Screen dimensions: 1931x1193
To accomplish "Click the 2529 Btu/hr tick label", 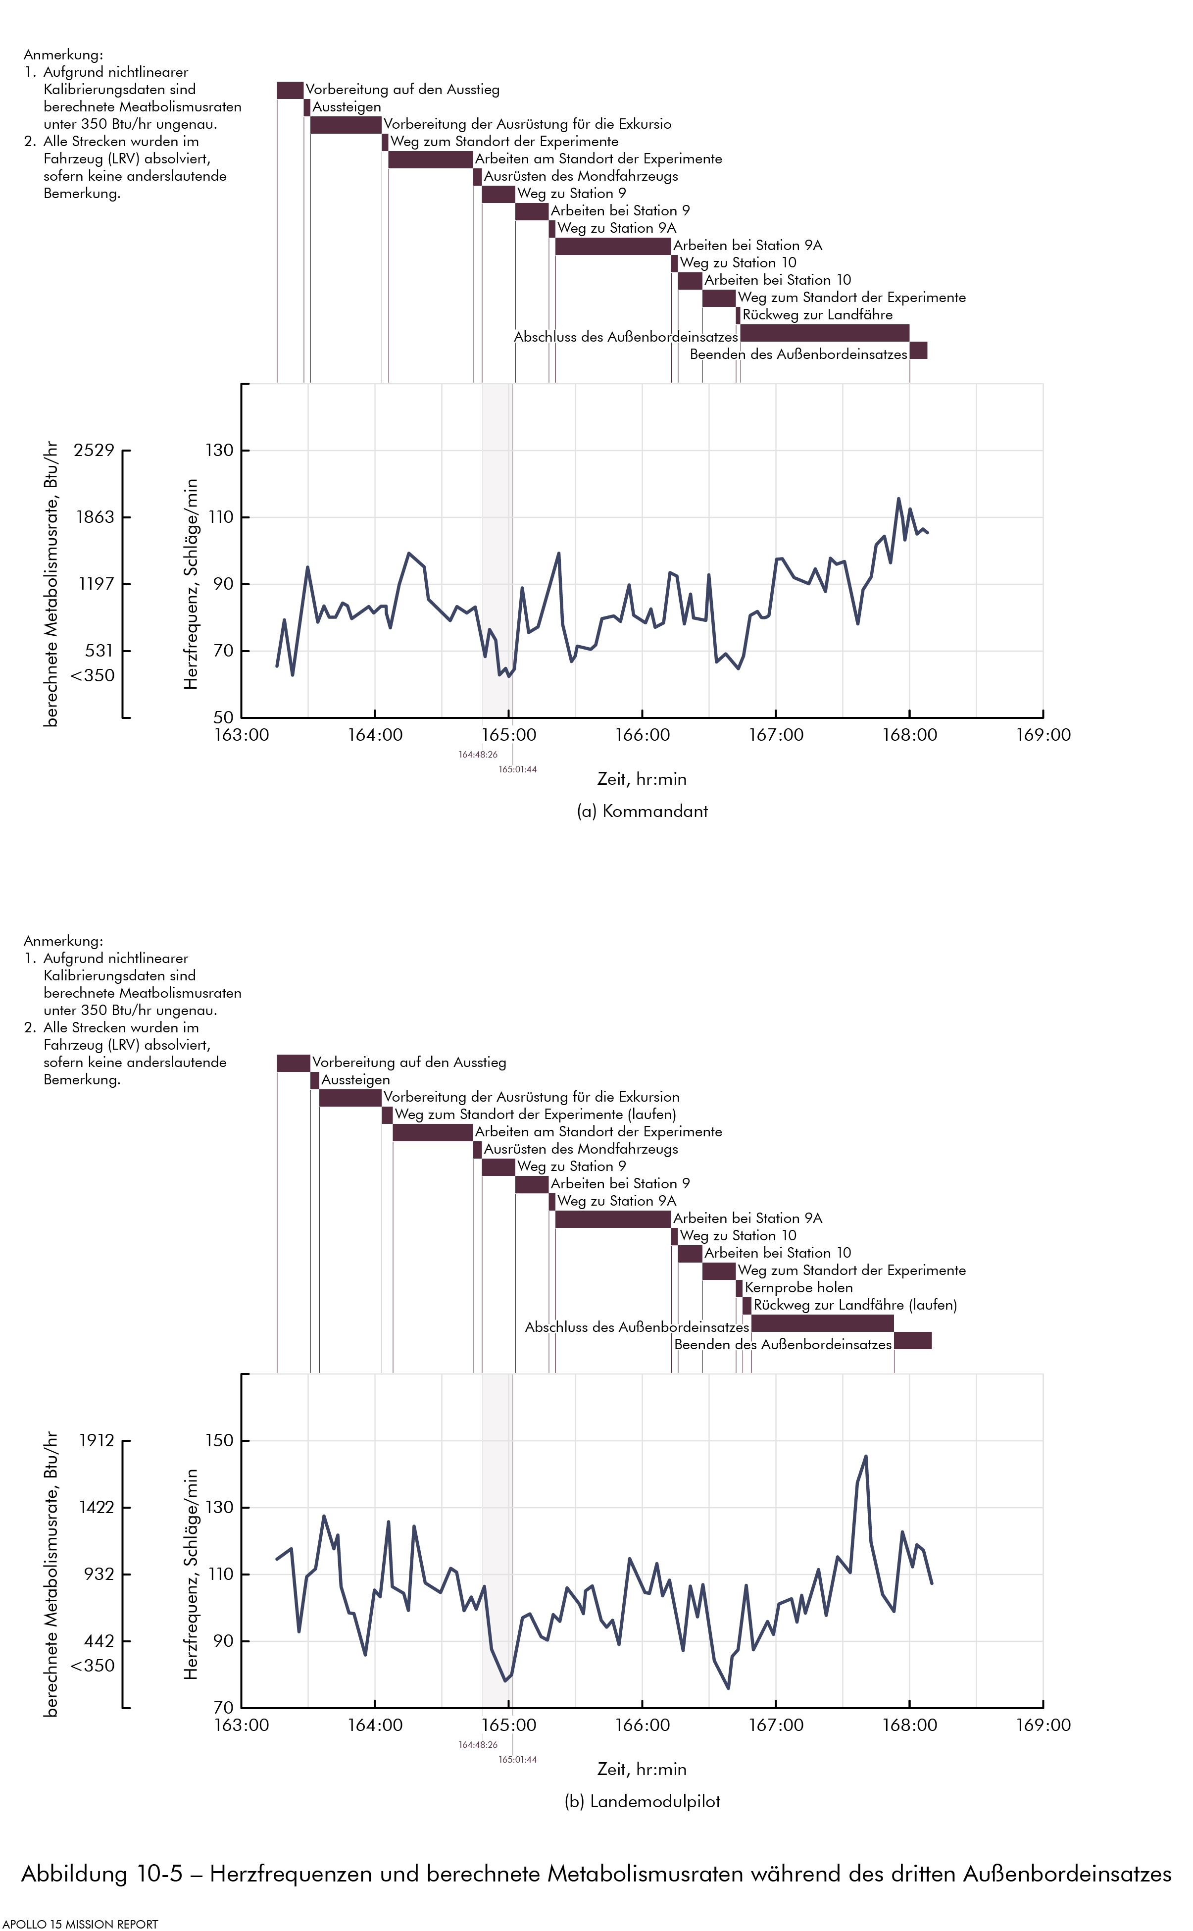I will (94, 451).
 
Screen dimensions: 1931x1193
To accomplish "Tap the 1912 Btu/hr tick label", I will (96, 1440).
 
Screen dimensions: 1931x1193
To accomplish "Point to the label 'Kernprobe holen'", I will (798, 1287).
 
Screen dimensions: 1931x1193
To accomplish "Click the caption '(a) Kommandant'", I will (642, 811).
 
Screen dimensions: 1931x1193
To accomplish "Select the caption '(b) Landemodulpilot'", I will (642, 1801).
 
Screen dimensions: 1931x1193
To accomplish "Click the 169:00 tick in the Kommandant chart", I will (1043, 735).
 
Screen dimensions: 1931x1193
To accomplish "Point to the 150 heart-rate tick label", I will (219, 1440).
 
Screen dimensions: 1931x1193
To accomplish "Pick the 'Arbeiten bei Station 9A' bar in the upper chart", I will (613, 246).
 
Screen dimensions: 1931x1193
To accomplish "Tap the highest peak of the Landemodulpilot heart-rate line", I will (866, 1457).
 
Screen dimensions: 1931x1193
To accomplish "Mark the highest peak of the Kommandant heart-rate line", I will (898, 499).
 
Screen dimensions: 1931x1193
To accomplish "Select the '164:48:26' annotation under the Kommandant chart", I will (478, 755).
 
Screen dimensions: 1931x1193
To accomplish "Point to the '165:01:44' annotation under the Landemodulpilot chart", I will (518, 1759).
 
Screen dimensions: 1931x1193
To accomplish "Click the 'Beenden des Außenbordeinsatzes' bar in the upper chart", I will (918, 351).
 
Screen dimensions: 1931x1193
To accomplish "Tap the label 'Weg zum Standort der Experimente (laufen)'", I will (536, 1114).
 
